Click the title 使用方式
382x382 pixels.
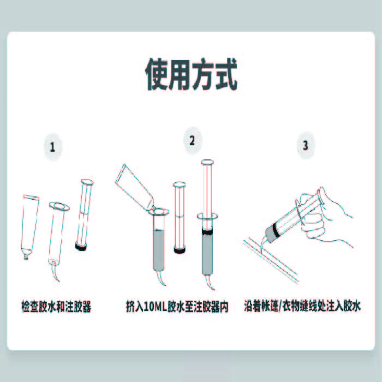pos(191,75)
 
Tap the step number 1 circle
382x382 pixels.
pos(53,147)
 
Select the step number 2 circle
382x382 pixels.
pos(192,141)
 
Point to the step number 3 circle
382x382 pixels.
pos(305,146)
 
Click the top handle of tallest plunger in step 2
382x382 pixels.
pos(208,162)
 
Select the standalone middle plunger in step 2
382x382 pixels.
pos(178,218)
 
